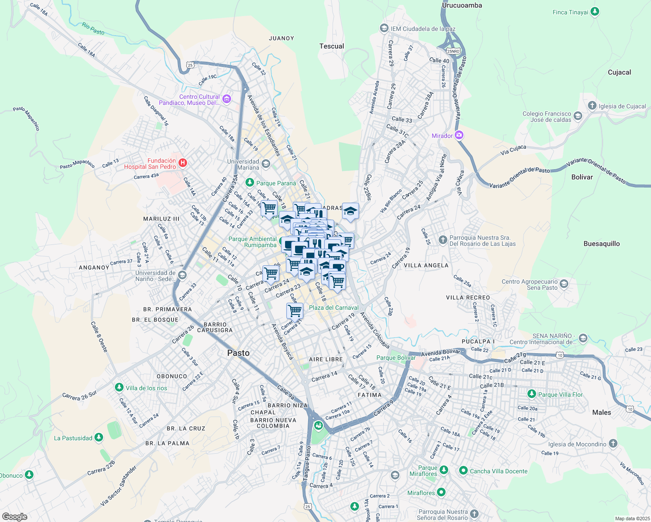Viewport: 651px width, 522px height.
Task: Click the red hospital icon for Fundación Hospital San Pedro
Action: point(183,163)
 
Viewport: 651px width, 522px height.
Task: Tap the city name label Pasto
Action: point(238,353)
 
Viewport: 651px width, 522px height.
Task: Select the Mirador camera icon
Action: point(459,135)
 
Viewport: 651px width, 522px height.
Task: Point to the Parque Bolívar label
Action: point(396,358)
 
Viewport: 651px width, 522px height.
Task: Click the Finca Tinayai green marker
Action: point(595,12)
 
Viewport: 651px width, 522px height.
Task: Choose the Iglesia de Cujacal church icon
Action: point(592,106)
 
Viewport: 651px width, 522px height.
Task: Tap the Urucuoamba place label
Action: point(462,5)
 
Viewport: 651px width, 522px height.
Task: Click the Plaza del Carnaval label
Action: point(333,308)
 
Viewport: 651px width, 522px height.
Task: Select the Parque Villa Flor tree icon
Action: point(531,394)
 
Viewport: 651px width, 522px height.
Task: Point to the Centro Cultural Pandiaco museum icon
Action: point(226,99)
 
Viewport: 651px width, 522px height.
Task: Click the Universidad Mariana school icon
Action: point(265,164)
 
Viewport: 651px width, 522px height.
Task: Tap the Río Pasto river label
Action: point(93,29)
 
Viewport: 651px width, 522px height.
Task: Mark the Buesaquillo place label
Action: point(601,244)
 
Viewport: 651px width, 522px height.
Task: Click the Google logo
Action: point(14,516)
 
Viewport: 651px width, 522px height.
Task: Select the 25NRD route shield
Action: point(453,51)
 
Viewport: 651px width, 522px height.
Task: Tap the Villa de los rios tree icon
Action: point(119,388)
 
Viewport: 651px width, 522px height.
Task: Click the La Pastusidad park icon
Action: point(99,438)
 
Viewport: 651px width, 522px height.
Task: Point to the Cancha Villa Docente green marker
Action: point(463,471)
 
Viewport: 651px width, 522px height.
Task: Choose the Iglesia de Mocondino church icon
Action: point(613,444)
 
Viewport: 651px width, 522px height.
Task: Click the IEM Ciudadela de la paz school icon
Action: point(384,29)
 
